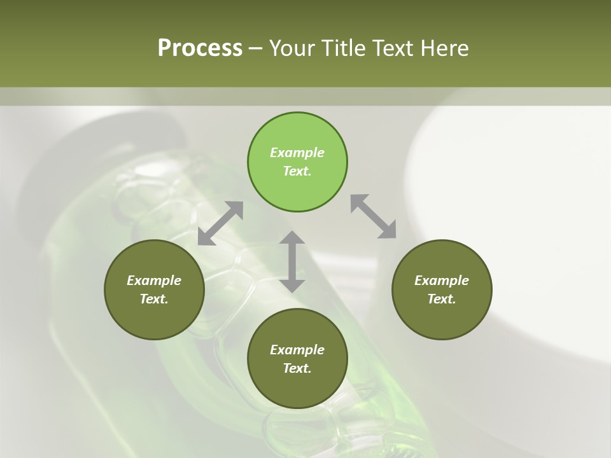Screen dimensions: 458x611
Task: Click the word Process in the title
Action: [200, 48]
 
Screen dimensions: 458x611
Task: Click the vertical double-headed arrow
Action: [292, 261]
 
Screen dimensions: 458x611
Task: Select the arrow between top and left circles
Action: [220, 223]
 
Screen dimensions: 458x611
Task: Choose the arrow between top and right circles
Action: [374, 216]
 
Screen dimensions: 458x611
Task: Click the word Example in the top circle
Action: [297, 153]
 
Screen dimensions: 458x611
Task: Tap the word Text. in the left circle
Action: [154, 299]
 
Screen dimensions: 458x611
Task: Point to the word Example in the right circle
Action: [442, 281]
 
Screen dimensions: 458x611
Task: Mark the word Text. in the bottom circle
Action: [297, 368]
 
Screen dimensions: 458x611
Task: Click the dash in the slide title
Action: [255, 48]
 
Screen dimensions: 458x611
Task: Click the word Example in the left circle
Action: [154, 281]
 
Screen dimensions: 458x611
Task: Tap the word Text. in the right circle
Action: [442, 299]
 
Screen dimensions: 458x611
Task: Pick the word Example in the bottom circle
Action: [297, 350]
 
